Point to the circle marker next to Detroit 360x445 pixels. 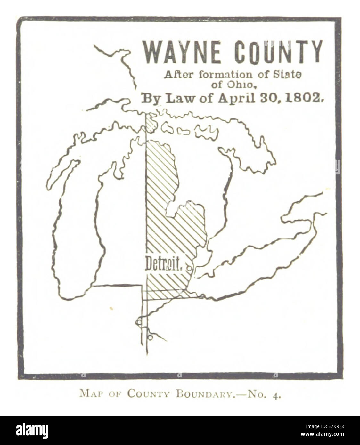(x=189, y=269)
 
